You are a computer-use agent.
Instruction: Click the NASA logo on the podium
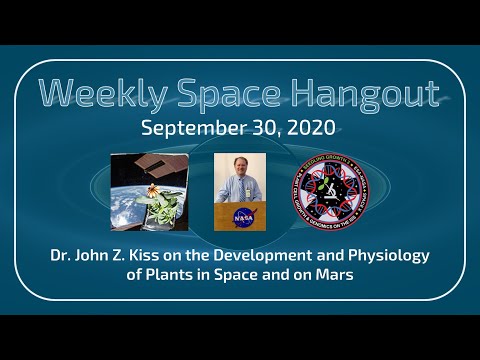(x=241, y=217)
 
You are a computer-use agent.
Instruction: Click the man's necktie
(x=241, y=192)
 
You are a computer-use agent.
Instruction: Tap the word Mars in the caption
(x=349, y=274)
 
